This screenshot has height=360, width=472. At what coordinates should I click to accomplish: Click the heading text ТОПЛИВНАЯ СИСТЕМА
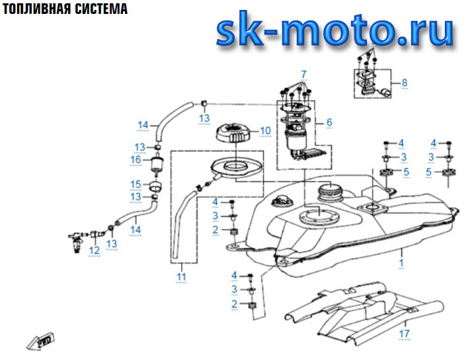point(64,11)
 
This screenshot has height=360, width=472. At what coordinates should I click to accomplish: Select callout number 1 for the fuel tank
point(400,263)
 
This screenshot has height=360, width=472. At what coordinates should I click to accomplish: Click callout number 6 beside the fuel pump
point(329,122)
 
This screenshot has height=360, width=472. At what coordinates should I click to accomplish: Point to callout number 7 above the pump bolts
point(304,73)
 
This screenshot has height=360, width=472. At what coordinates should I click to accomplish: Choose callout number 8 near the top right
point(405,83)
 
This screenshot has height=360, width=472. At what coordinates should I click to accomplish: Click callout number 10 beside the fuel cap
point(265,130)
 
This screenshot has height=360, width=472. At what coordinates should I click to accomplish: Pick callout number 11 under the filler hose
point(181,276)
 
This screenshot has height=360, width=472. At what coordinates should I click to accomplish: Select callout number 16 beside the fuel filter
point(136,159)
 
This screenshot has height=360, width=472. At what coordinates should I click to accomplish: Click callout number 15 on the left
point(136,184)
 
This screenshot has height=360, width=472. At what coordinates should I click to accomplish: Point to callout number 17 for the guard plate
point(405,334)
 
